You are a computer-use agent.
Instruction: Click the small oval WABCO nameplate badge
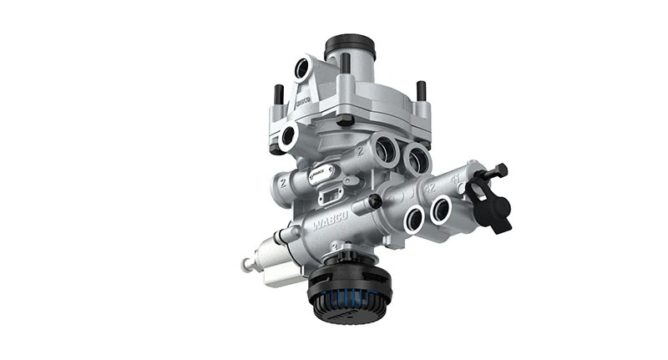click(x=321, y=173)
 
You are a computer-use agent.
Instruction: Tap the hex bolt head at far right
click(x=499, y=171)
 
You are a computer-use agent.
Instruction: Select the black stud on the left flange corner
click(x=279, y=93)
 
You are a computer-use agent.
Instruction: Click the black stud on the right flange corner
click(x=421, y=90)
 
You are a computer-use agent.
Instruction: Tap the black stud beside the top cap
click(x=344, y=63)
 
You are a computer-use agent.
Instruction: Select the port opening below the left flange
click(x=289, y=136)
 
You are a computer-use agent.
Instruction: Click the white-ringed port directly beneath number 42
click(x=414, y=220)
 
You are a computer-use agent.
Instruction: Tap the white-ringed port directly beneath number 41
click(x=442, y=210)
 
